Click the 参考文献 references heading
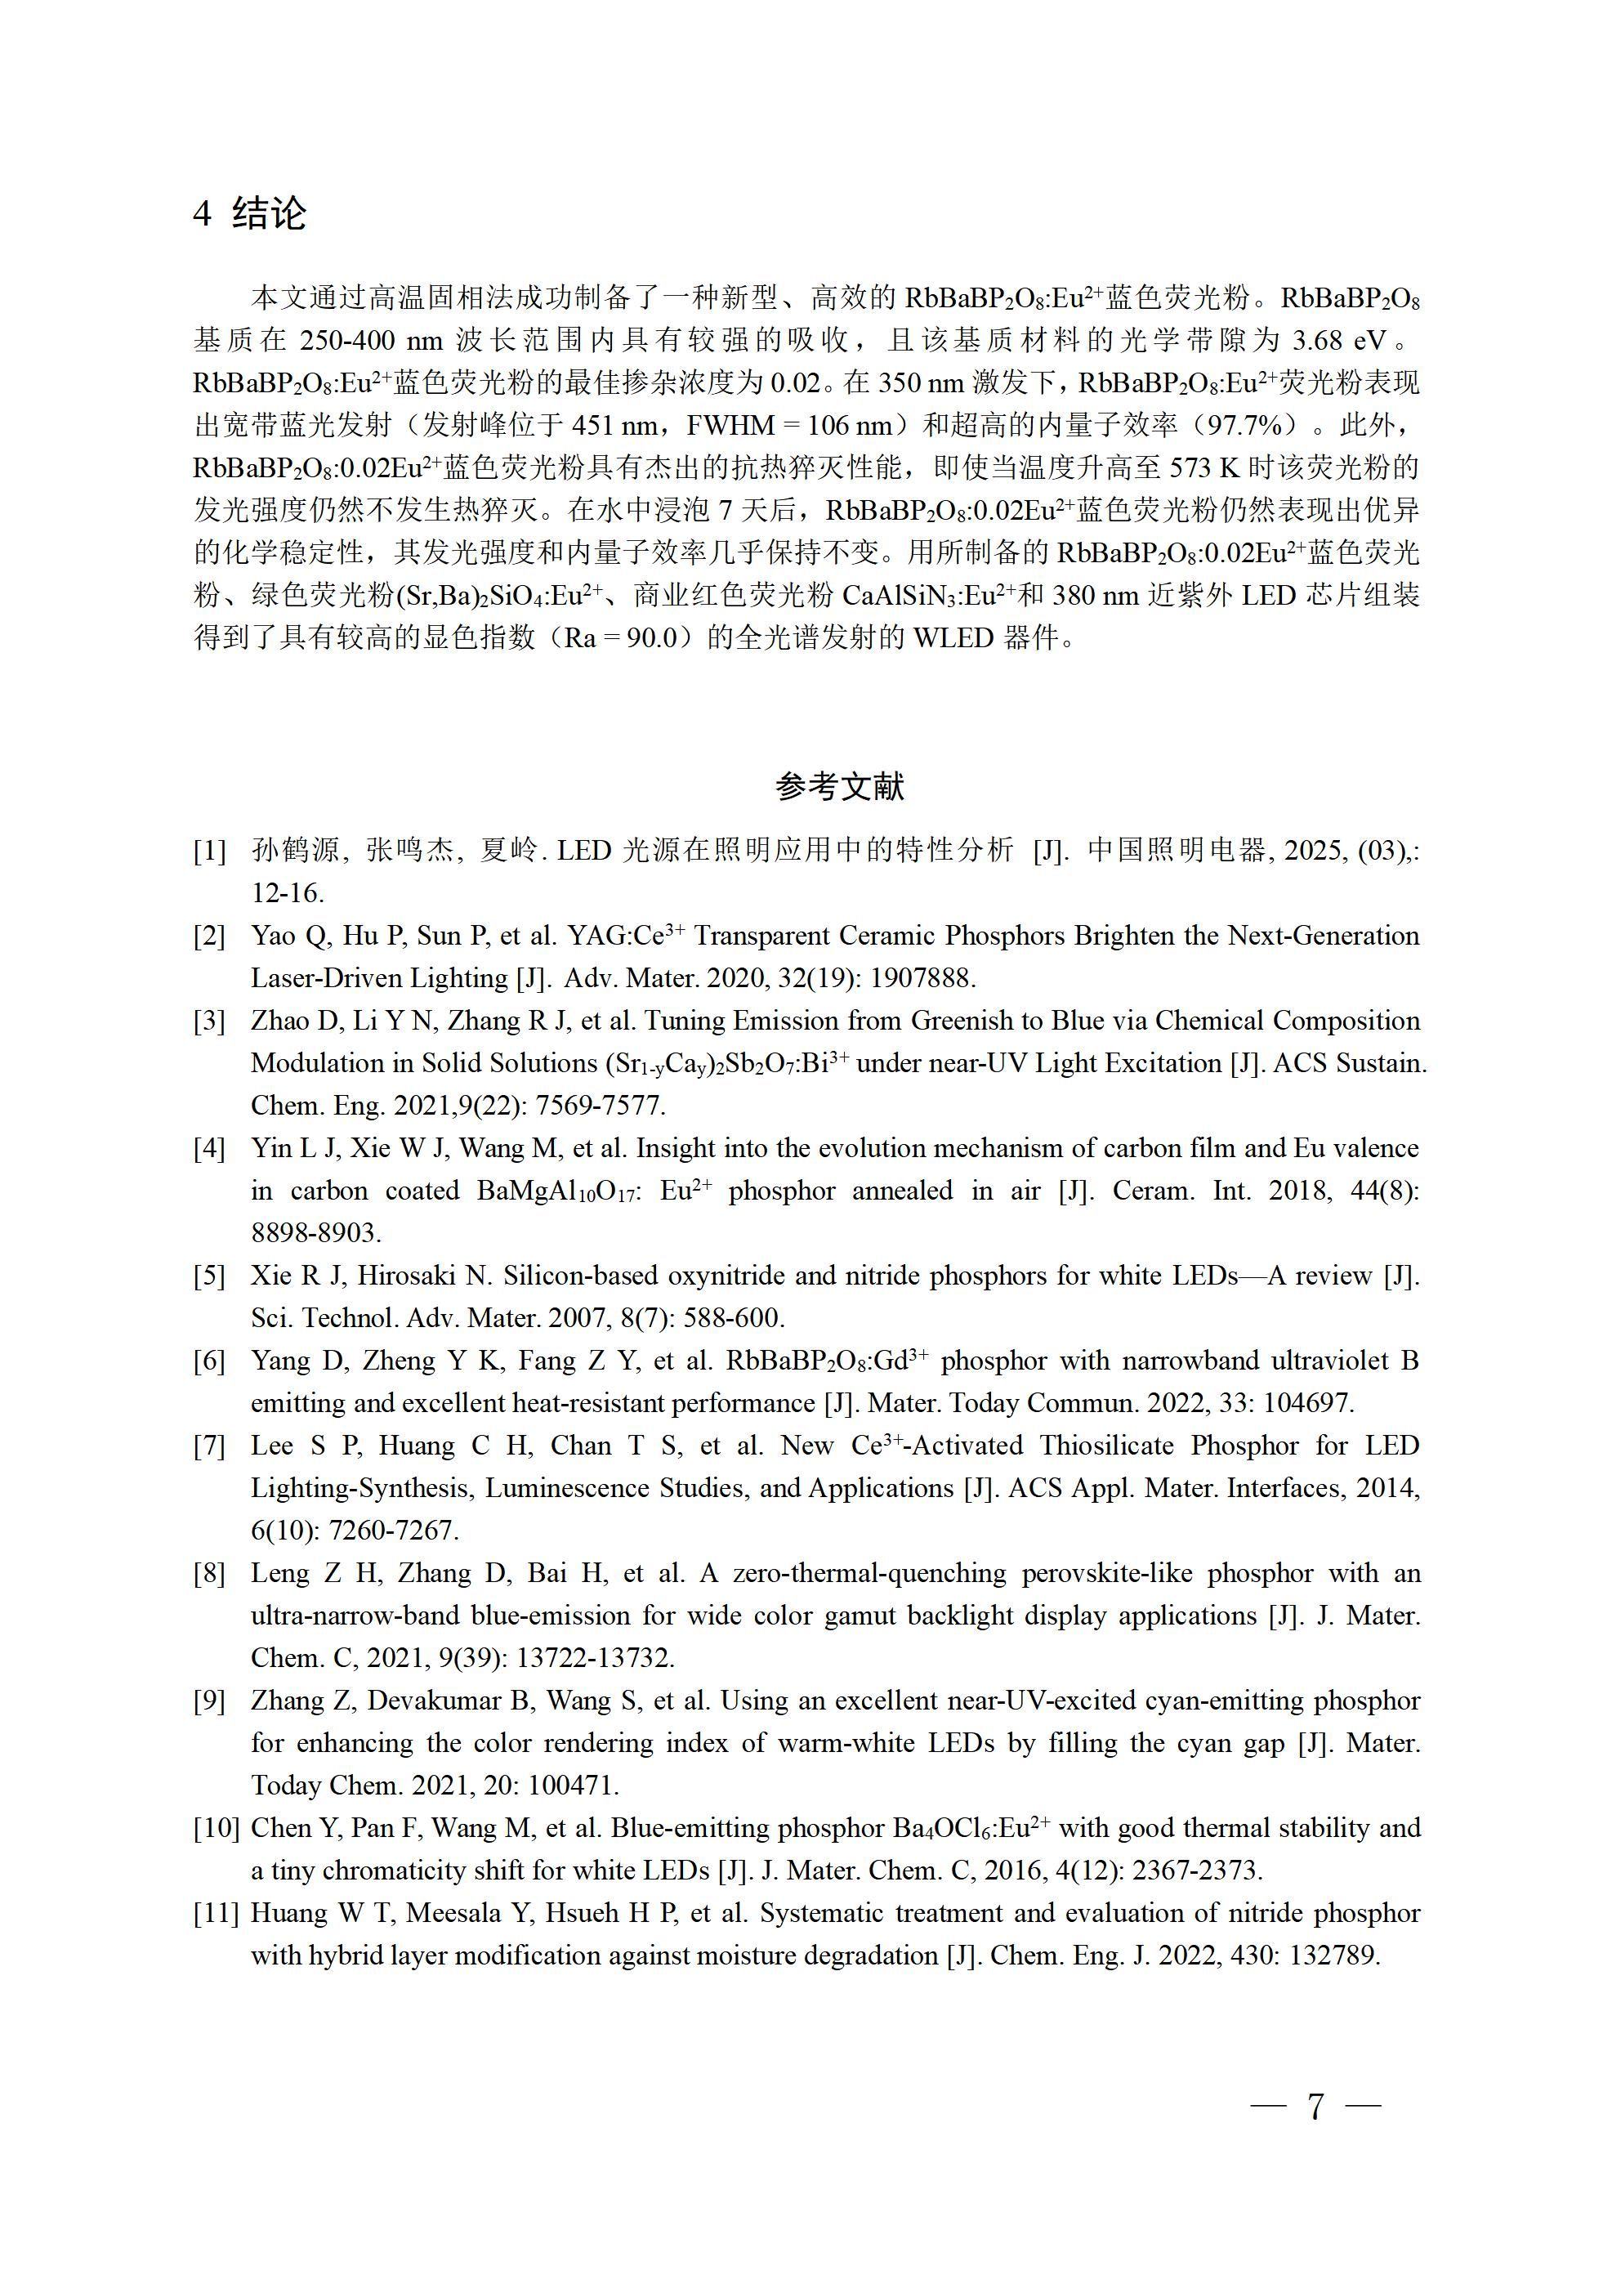839,787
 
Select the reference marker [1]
210,851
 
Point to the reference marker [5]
210,1276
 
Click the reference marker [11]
216,1914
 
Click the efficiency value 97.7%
1244,426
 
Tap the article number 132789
1334,1956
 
